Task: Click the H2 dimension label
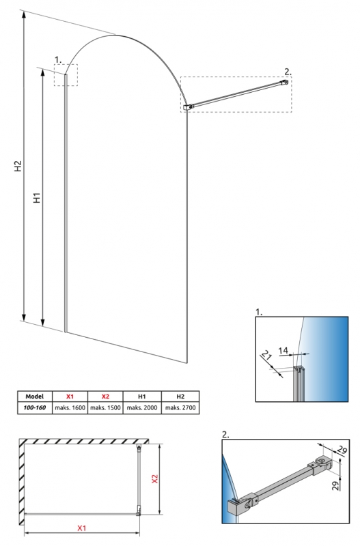tap(18, 166)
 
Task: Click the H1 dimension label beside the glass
tap(38, 197)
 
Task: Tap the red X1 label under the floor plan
tap(81, 528)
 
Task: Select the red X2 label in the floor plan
tap(155, 479)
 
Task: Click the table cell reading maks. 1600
tap(70, 407)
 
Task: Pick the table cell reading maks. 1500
tap(105, 407)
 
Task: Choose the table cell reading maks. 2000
tap(142, 407)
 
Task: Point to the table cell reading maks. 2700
tap(180, 407)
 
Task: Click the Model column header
tap(35, 397)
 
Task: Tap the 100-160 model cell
tap(35, 407)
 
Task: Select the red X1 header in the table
tap(70, 397)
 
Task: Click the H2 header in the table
tap(180, 397)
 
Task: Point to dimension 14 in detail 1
tap(283, 350)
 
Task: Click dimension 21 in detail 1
tap(266, 356)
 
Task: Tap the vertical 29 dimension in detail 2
tap(335, 486)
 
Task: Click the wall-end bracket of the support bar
tap(285, 83)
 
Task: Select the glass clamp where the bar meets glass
tap(187, 108)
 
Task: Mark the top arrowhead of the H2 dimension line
tap(24, 14)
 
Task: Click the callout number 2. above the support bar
tap(288, 72)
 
